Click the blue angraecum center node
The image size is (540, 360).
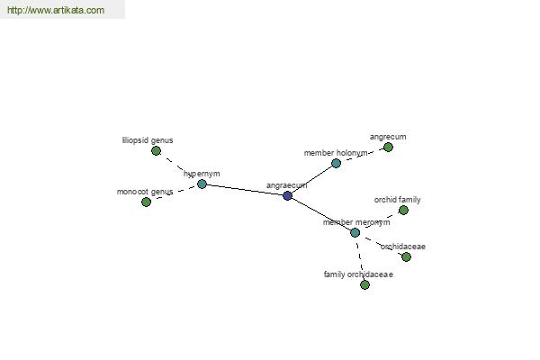point(287,195)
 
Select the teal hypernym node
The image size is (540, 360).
point(202,184)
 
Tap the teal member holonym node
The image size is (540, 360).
point(336,163)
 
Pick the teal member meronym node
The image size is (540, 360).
point(355,232)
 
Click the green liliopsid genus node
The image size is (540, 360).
point(156,150)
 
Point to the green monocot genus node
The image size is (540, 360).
point(146,202)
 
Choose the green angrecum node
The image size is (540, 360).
point(388,147)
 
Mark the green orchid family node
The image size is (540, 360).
point(403,210)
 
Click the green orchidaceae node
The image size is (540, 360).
point(406,256)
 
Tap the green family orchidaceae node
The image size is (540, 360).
point(364,284)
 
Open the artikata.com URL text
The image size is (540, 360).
point(56,10)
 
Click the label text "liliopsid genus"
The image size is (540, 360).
point(148,140)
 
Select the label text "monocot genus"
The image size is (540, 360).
point(145,192)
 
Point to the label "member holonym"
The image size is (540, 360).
point(336,153)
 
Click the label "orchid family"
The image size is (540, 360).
point(398,200)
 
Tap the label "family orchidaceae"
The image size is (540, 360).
point(358,274)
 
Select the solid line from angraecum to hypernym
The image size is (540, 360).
point(245,190)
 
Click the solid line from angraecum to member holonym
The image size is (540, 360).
point(311,179)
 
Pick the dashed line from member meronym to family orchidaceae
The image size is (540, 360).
point(359,258)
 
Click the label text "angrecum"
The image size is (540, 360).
point(388,137)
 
